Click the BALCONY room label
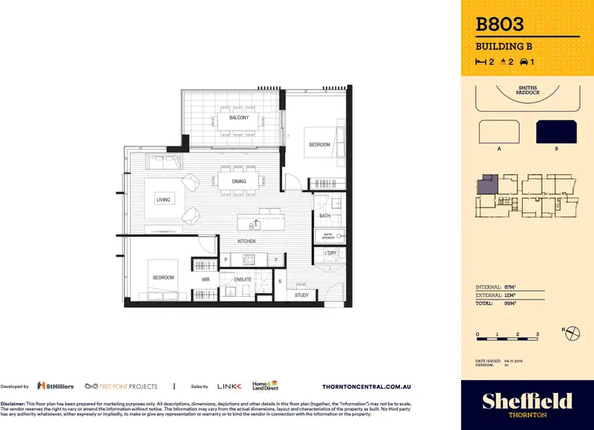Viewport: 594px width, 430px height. point(238,118)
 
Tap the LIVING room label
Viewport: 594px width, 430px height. point(164,200)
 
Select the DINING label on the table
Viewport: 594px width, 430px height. point(238,181)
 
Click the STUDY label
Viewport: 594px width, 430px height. point(301,295)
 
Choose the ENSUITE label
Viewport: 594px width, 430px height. point(243,279)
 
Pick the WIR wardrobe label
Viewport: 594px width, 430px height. point(205,279)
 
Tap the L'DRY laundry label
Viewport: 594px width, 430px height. point(330,253)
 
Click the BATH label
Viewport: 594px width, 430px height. point(325,215)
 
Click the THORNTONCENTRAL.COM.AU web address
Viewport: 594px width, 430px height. point(373,386)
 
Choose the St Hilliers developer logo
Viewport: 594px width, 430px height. point(55,386)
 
